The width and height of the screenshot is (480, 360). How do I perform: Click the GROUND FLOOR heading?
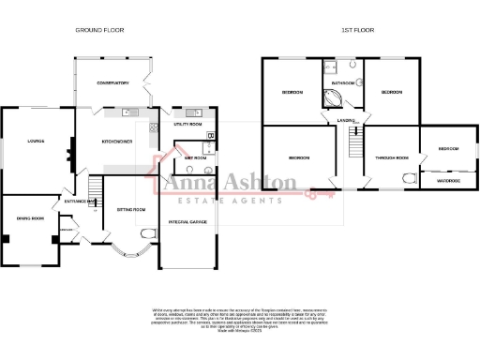tap(99, 31)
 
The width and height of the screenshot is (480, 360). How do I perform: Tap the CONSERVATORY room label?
tap(112, 83)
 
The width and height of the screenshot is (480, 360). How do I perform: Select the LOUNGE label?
tap(37, 142)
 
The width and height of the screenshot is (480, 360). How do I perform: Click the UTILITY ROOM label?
tap(188, 124)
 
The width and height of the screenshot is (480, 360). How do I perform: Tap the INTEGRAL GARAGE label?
tap(187, 221)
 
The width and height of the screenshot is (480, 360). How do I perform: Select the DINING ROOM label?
tap(30, 218)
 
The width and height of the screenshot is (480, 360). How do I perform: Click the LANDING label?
tap(345, 119)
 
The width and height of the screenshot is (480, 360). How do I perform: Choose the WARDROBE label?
tap(447, 181)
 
